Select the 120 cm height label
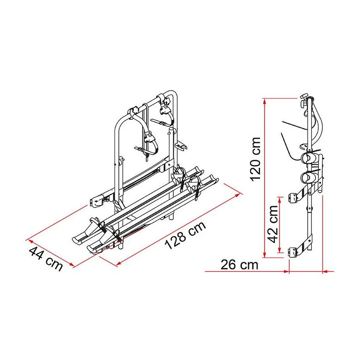[x=256, y=159]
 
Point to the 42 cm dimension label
[x=273, y=224]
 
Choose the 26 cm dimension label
[x=239, y=265]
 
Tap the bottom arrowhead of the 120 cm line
[x=265, y=255]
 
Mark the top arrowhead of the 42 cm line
[x=279, y=199]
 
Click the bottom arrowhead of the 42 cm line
[x=279, y=250]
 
